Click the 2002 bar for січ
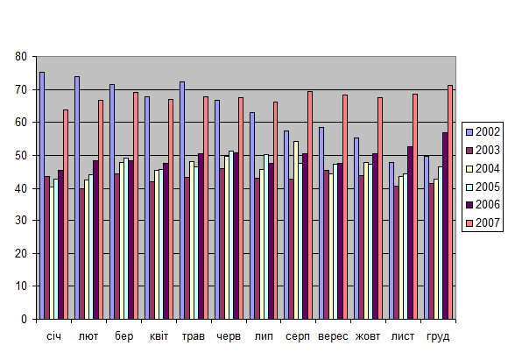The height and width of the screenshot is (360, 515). (42, 195)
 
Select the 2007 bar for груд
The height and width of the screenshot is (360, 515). (450, 202)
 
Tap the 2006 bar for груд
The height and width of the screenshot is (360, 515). (445, 226)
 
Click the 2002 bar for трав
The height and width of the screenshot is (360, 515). (182, 201)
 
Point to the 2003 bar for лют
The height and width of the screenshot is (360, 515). (81, 254)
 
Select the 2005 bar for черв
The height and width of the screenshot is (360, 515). (231, 235)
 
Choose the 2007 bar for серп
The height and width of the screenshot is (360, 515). (310, 205)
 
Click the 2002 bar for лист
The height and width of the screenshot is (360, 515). (392, 240)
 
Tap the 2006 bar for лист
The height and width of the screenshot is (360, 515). (410, 233)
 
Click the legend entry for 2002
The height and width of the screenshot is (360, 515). (483, 131)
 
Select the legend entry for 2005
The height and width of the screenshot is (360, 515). (483, 187)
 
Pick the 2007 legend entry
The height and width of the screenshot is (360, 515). (483, 223)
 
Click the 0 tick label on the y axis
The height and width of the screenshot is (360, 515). (24, 319)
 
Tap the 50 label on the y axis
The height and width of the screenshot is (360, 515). (21, 155)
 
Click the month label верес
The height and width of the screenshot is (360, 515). (333, 336)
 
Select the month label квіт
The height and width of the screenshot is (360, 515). (159, 336)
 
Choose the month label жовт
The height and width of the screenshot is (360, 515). (368, 336)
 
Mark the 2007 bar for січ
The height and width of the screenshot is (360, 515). (66, 214)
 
